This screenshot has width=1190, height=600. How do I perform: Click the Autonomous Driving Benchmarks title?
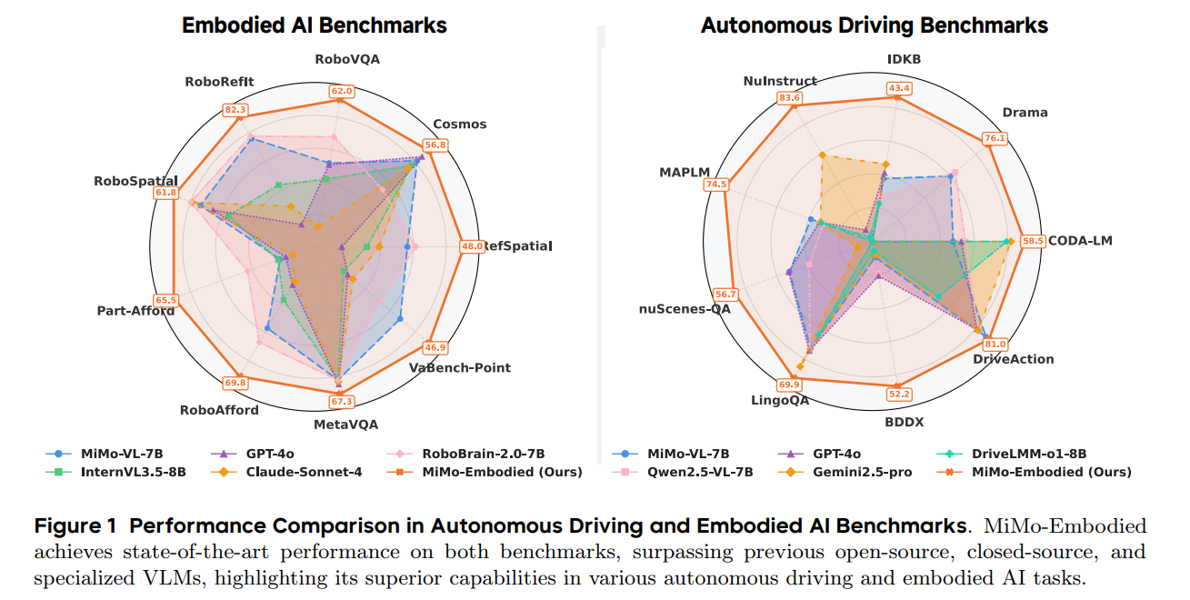pos(874,25)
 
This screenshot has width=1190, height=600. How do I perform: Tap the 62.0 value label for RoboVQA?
pos(342,91)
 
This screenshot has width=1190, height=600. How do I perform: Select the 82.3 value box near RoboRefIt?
pos(235,110)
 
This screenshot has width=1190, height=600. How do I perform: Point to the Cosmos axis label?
pos(459,124)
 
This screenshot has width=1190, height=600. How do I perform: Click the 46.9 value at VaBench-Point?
pos(435,348)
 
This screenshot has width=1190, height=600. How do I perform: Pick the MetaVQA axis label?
pos(345,424)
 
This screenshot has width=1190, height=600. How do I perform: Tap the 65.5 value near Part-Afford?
pos(166,300)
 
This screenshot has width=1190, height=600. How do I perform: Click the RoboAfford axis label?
pos(219,409)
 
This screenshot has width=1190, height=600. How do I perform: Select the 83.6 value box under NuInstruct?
pos(790,97)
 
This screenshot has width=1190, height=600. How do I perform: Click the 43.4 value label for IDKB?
pos(899,88)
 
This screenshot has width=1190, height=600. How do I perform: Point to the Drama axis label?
pos(1025,113)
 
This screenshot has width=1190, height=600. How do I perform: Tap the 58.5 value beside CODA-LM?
pos(1033,242)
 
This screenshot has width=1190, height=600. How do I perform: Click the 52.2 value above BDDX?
pos(899,395)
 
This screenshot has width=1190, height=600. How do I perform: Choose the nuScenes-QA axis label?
pos(685,308)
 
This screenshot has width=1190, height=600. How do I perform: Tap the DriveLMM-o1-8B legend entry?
pos(1043,453)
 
